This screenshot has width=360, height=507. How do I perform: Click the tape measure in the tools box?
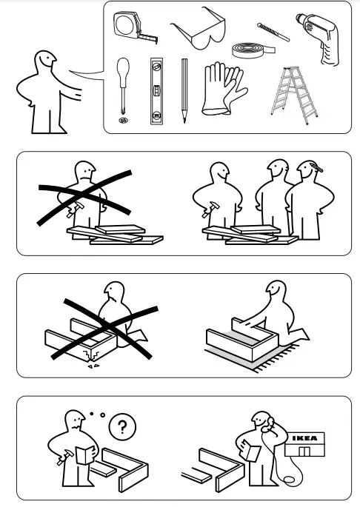click(x=130, y=27)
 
